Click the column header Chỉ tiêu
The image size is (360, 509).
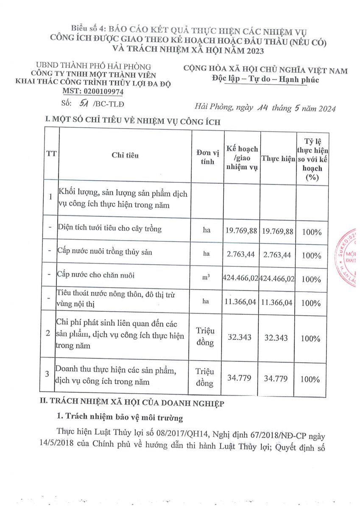125,155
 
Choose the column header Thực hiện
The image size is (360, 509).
278,159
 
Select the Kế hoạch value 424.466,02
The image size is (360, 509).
241,278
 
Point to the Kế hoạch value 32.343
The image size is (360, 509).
240,338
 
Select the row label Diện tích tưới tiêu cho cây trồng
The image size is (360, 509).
110,229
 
